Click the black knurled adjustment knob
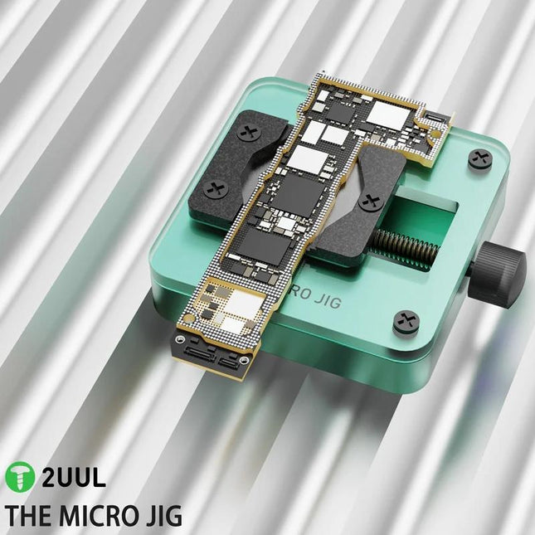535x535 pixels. (x=502, y=270)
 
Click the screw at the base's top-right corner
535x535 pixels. (x=480, y=158)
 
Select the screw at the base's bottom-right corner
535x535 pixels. (x=406, y=322)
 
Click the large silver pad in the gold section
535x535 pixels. (x=241, y=306)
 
